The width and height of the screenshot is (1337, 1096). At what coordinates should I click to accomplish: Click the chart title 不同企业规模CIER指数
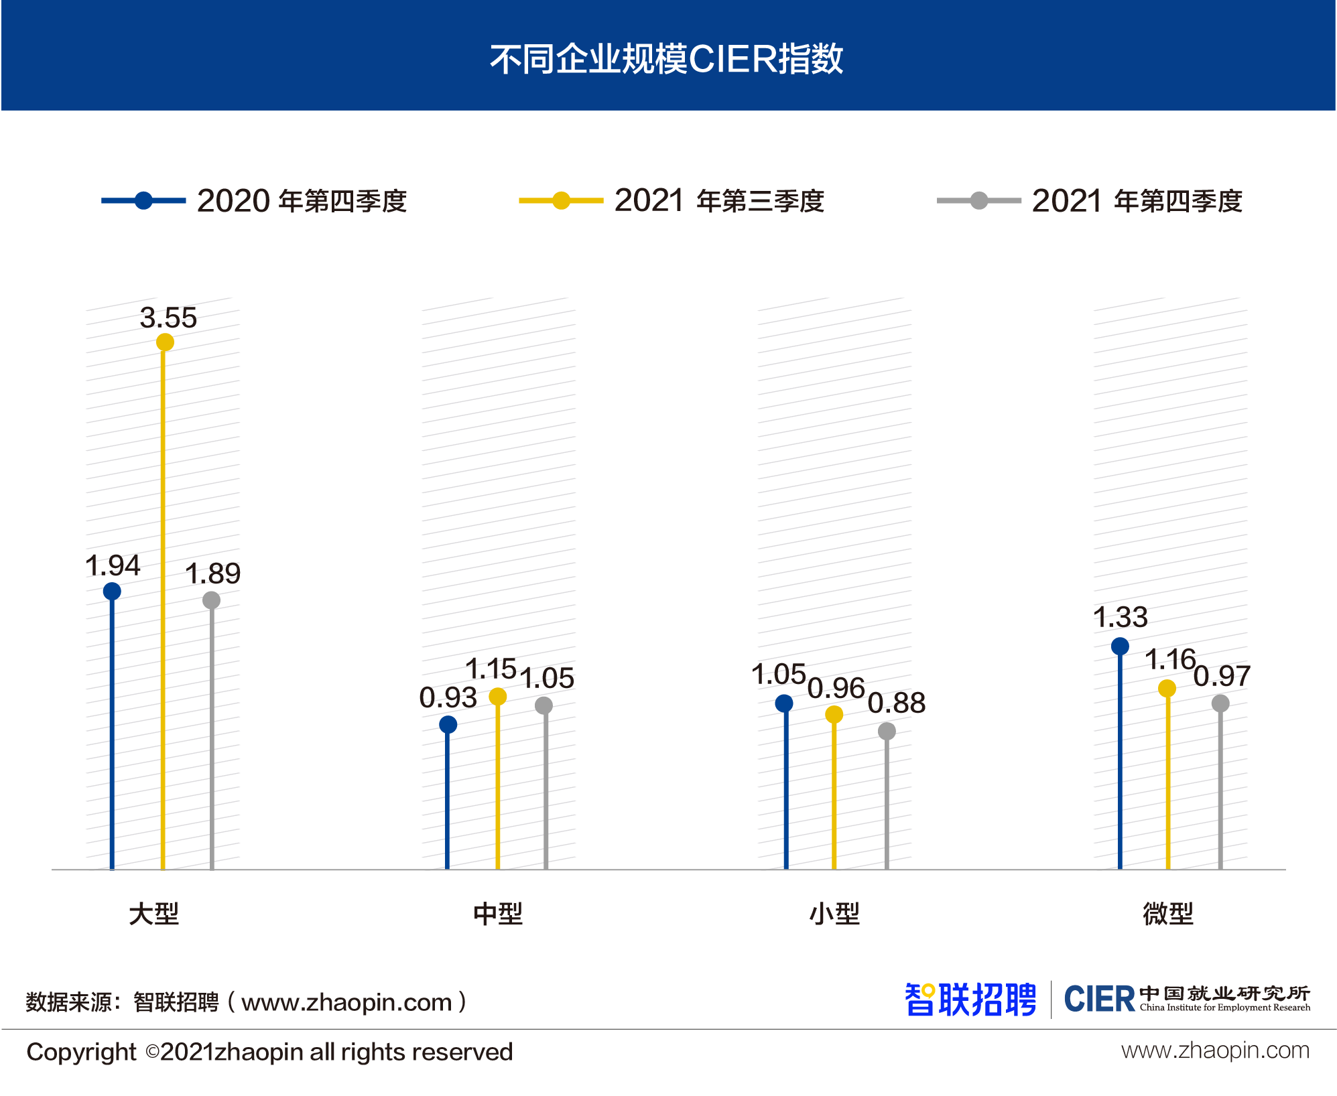pos(667,59)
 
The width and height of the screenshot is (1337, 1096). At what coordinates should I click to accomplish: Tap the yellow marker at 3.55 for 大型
pos(165,342)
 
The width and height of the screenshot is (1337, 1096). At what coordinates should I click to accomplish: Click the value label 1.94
pos(113,566)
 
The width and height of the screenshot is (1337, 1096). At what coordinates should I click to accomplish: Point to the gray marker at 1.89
pos(211,600)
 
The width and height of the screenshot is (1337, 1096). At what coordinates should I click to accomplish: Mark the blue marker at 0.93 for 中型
pos(448,724)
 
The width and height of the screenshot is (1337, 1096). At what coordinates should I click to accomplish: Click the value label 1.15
pos(491,669)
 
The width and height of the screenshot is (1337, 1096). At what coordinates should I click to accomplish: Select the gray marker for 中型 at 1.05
pos(544,705)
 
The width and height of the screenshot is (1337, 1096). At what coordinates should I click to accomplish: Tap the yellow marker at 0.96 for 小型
pos(834,715)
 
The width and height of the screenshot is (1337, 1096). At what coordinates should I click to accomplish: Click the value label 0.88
pos(897,703)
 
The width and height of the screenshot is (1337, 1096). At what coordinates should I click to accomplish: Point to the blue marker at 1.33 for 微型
pos(1120,646)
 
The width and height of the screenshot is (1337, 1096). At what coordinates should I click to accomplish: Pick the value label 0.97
pos(1222,676)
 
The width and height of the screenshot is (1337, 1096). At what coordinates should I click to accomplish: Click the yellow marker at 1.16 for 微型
pos(1167,688)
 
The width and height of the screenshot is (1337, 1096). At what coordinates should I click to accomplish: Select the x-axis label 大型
pos(153,914)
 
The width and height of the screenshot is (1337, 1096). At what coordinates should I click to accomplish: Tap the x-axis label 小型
pos(834,914)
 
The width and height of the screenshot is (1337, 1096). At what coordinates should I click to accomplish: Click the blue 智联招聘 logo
pos(970,1000)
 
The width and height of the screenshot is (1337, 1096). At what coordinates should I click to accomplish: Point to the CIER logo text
pos(1099,1000)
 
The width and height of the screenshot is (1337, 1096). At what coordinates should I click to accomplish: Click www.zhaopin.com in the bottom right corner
pos(1215,1050)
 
